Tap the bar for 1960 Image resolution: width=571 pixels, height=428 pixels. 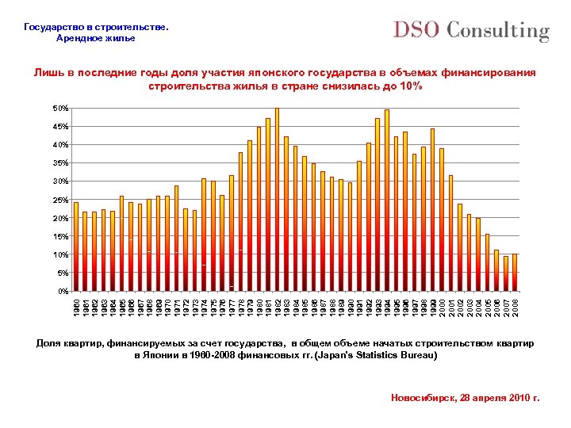pyautogui.click(x=76, y=246)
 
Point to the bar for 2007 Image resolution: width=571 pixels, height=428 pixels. pyautogui.click(x=506, y=273)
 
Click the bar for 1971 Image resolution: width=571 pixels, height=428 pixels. pyautogui.click(x=177, y=238)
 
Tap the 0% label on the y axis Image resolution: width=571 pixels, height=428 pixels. pyautogui.click(x=62, y=292)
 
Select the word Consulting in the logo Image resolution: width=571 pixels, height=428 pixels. pyautogui.click(x=498, y=31)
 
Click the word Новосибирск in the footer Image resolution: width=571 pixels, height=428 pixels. pyautogui.click(x=423, y=397)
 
